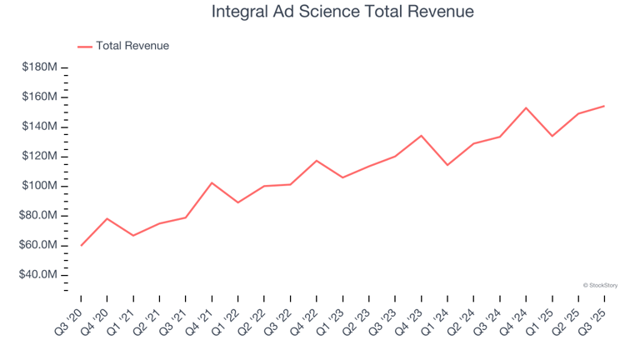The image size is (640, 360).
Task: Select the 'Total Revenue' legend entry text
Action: (132, 46)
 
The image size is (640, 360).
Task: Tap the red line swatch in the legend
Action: (85, 47)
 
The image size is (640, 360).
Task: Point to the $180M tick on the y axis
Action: (40, 67)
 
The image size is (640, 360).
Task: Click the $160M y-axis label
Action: (40, 97)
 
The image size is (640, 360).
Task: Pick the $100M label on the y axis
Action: (40, 186)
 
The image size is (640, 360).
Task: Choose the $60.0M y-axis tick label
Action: (38, 245)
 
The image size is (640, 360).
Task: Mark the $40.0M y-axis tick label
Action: (38, 275)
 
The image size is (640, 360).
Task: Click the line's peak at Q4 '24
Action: (526, 107)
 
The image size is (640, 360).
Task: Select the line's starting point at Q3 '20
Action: (81, 245)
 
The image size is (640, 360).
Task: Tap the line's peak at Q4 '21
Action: (212, 182)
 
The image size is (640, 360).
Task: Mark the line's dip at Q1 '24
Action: (447, 165)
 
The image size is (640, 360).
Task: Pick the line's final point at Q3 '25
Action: (604, 106)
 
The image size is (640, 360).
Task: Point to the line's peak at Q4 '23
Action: (421, 135)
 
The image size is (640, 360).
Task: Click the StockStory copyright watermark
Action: (600, 285)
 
